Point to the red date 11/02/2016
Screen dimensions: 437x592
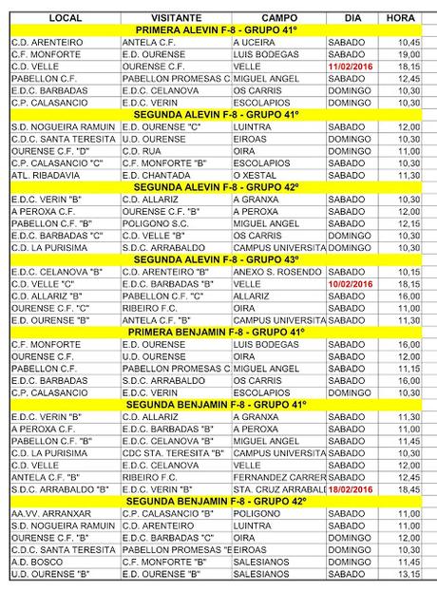[351, 67]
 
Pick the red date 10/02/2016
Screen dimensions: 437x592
[351, 283]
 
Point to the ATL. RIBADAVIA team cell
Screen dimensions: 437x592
[45, 175]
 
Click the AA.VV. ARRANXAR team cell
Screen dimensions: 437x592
[46, 513]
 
